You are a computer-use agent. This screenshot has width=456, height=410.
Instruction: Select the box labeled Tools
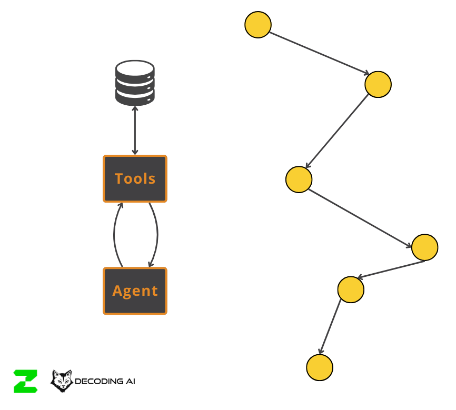(135, 178)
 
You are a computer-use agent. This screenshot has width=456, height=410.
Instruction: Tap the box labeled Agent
(135, 291)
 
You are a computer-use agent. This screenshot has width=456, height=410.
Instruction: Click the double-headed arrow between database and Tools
(135, 130)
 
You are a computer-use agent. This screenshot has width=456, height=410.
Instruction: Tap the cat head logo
(61, 381)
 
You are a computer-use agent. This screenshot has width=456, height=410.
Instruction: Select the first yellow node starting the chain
(258, 25)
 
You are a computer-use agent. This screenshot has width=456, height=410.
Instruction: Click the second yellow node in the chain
(378, 84)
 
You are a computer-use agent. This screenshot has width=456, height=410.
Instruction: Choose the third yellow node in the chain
(299, 179)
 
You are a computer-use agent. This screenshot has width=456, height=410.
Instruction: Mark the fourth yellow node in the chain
(424, 247)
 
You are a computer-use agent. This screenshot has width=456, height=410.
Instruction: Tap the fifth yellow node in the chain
(351, 289)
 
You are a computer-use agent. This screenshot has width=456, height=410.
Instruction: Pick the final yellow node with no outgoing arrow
(320, 367)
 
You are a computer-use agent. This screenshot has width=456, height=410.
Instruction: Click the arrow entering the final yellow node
(331, 326)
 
